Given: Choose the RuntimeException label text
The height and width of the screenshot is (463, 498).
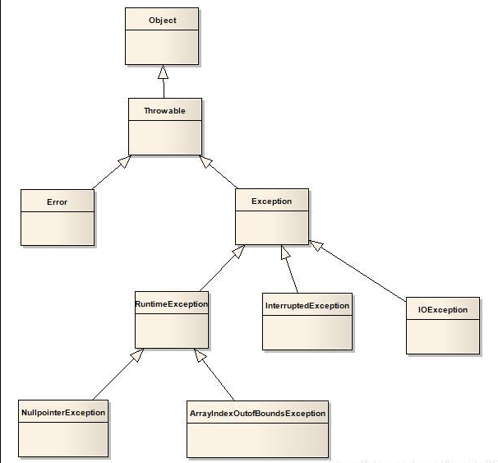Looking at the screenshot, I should pos(171,303).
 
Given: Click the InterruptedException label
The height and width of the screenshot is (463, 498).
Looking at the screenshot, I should pos(307,305).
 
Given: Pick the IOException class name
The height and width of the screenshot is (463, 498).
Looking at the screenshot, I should pos(442,310).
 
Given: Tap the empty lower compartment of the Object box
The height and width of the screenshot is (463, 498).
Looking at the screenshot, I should pos(161,47).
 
